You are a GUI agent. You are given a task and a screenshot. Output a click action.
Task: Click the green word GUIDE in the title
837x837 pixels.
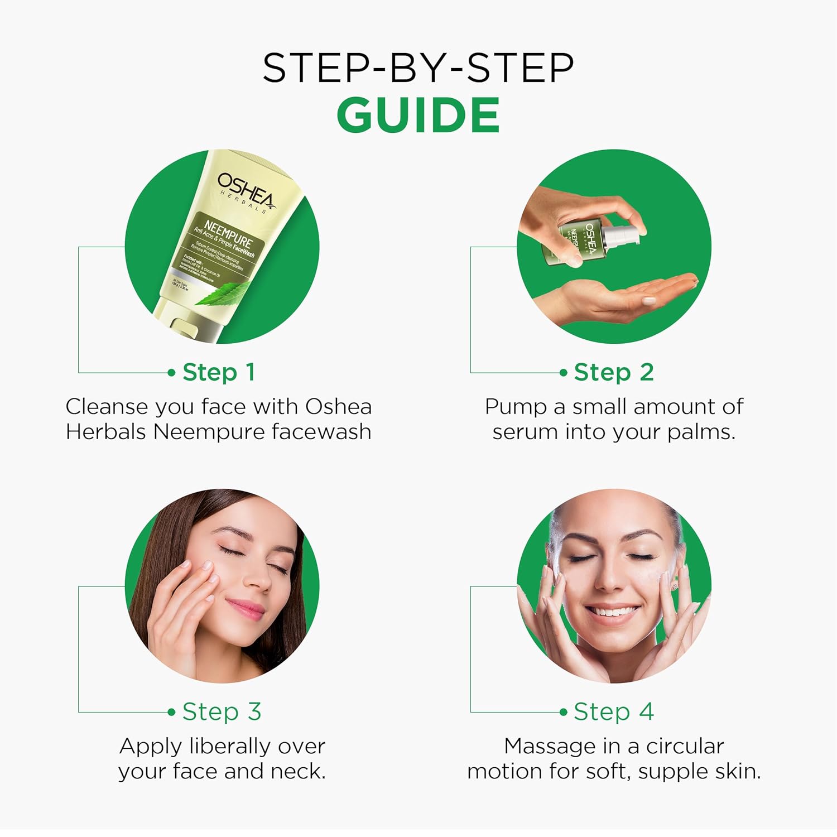click(418, 115)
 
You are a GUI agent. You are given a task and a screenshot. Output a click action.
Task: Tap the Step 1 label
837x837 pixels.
click(219, 372)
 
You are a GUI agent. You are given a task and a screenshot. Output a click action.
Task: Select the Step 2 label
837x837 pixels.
click(614, 372)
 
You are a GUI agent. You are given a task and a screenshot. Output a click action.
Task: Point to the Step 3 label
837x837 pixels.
click(222, 711)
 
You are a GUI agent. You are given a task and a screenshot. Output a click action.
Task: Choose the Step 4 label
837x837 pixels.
click(614, 711)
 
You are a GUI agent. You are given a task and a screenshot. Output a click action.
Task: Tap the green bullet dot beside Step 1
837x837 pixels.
click(171, 372)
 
